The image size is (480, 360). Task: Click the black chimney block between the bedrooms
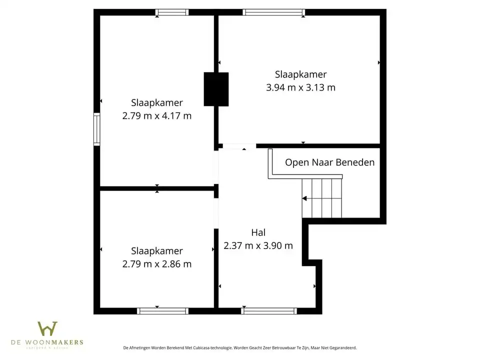click(x=216, y=89)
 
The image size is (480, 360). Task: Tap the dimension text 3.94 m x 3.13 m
click(x=300, y=87)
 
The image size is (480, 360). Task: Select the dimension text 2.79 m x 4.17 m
click(x=157, y=116)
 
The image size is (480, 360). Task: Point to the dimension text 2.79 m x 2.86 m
click(x=157, y=264)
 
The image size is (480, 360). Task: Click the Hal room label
click(x=258, y=232)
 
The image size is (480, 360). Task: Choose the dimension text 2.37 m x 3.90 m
click(x=258, y=245)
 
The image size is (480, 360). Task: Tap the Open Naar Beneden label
click(x=329, y=162)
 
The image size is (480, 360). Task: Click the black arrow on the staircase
click(x=305, y=198)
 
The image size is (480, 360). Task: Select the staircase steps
click(x=322, y=198)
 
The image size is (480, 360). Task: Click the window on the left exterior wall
click(x=97, y=129)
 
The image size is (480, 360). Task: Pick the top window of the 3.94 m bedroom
click(x=273, y=12)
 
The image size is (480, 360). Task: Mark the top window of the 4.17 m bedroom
click(x=171, y=12)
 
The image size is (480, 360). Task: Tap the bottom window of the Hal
click(x=269, y=311)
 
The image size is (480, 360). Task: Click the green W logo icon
click(x=47, y=328)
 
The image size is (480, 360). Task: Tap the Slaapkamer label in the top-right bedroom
click(x=300, y=74)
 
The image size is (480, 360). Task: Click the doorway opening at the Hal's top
click(x=237, y=146)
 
